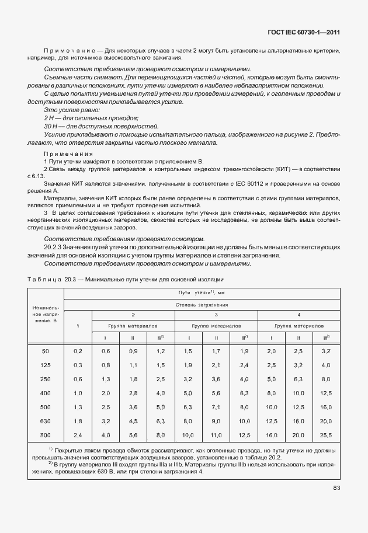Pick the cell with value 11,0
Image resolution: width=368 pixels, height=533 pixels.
click(216, 434)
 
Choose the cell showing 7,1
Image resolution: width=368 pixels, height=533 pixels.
click(216, 406)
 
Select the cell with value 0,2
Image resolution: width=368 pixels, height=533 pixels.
click(78, 351)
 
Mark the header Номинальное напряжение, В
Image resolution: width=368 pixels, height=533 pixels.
click(47, 316)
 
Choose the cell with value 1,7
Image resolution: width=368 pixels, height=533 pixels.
click(216, 351)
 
